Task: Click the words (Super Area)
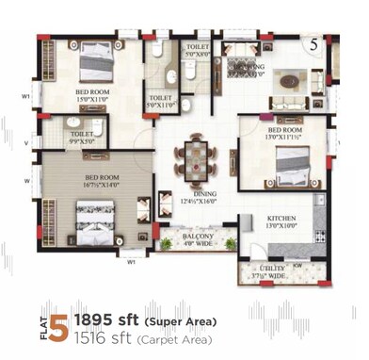coord(179,321)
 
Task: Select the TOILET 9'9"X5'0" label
coord(81,139)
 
